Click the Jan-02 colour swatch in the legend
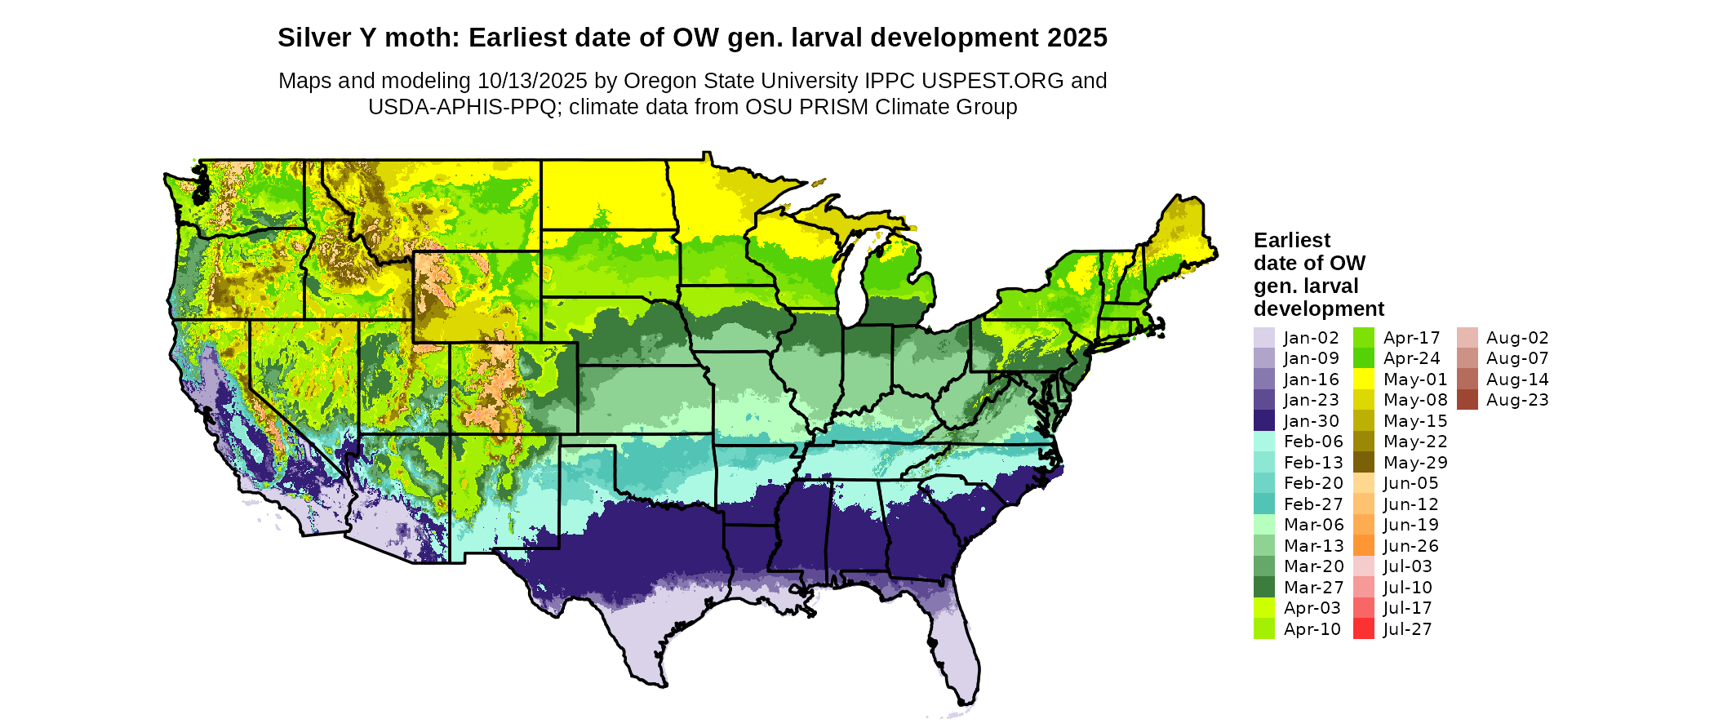1263,338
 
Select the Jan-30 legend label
1311,421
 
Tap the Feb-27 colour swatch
1263,504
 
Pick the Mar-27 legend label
1313,588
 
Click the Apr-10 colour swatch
1263,629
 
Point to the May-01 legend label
1415,380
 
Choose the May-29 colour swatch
1364,463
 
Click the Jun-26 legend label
1410,546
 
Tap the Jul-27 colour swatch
1364,629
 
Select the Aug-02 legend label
1517,338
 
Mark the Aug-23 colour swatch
1467,400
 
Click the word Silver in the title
313,38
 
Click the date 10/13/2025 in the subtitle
532,81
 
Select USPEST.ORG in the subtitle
992,81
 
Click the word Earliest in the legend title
1291,241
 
